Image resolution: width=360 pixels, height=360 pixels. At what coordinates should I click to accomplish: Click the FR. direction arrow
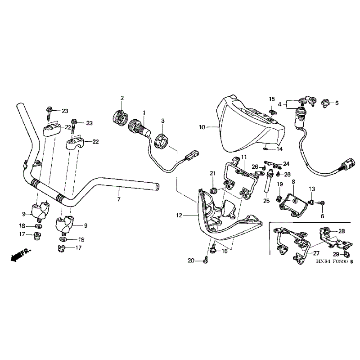pyautogui.click(x=20, y=255)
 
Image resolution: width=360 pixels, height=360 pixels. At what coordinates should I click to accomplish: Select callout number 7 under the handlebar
pyautogui.click(x=119, y=199)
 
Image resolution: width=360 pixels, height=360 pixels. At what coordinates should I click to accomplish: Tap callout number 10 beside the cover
pyautogui.click(x=202, y=127)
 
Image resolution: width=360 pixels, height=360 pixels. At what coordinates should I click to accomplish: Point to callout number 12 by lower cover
pyautogui.click(x=179, y=216)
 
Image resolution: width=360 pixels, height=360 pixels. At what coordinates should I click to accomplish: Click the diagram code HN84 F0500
pyautogui.click(x=333, y=261)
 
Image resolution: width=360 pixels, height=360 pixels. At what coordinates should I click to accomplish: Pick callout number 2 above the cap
pyautogui.click(x=122, y=98)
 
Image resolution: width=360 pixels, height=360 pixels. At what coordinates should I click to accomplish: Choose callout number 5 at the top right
pyautogui.click(x=337, y=103)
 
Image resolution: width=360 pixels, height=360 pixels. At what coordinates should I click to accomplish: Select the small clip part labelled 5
pyautogui.click(x=325, y=103)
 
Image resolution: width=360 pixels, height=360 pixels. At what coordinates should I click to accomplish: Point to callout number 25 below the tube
pyautogui.click(x=266, y=201)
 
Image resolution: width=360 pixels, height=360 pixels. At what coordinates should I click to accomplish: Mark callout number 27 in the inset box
pyautogui.click(x=316, y=253)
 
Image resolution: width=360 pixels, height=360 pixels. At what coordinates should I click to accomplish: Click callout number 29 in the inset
pyautogui.click(x=336, y=254)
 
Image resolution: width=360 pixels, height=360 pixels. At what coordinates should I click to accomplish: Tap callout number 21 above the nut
pyautogui.click(x=213, y=173)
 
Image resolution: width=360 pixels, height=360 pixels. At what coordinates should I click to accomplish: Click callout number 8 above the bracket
pyautogui.click(x=293, y=182)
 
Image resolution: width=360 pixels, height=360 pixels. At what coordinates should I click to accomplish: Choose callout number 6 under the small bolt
pyautogui.click(x=322, y=216)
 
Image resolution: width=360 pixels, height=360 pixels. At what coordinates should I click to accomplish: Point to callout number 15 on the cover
pyautogui.click(x=272, y=99)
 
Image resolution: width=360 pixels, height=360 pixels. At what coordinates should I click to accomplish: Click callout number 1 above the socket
pyautogui.click(x=144, y=113)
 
